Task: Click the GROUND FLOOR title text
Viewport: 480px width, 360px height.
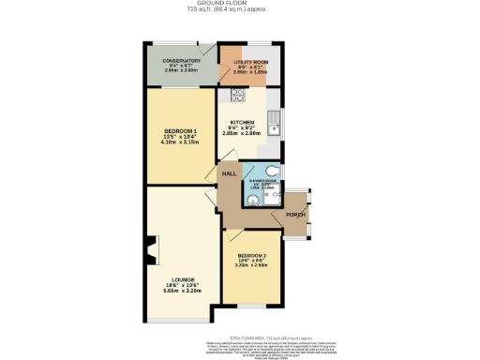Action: point(239,3)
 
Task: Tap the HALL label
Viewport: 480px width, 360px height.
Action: point(228,174)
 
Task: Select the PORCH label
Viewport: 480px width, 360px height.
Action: point(296,215)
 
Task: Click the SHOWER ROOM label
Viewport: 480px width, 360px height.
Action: point(262,182)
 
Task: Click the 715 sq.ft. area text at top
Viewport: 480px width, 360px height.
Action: point(239,9)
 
